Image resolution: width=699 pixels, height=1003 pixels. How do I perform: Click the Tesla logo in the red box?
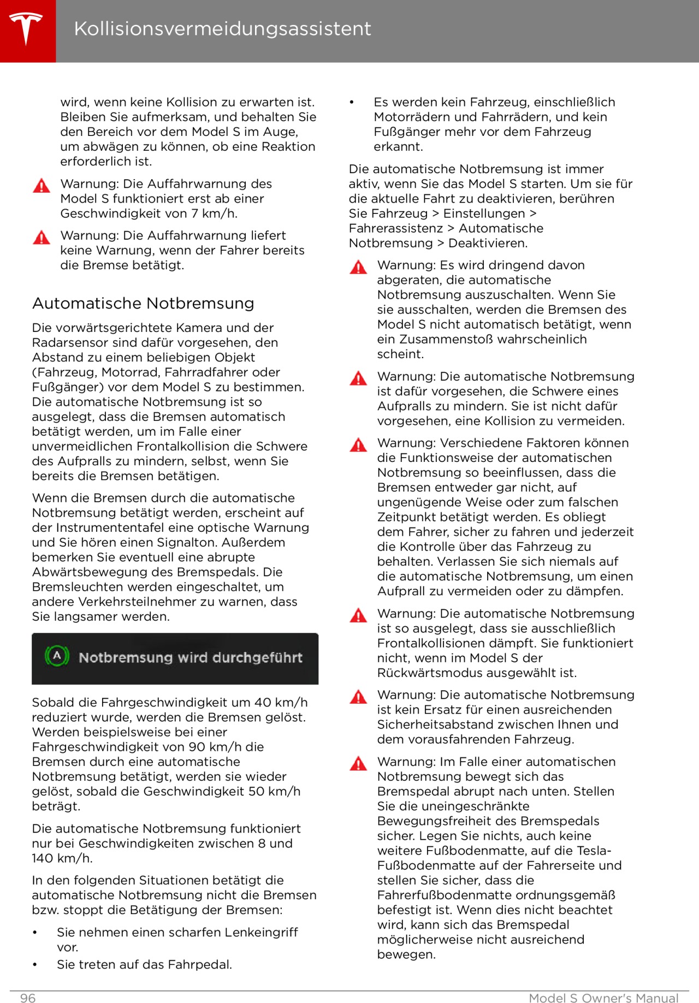click(26, 28)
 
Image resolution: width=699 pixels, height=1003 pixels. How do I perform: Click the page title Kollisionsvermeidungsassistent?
click(222, 28)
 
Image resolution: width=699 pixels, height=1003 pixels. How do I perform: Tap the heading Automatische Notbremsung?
click(143, 304)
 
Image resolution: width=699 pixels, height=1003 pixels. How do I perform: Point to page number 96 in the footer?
click(28, 998)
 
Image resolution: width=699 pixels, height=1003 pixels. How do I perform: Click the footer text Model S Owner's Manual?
click(603, 998)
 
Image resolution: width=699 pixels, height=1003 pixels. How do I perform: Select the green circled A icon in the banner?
click(57, 656)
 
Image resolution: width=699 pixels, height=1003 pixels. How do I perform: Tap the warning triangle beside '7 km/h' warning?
click(42, 186)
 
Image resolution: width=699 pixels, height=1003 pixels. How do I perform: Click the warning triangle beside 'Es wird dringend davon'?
click(358, 267)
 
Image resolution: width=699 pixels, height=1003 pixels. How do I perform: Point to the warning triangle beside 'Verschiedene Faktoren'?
click(358, 445)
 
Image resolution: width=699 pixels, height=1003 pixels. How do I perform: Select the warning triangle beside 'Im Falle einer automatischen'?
click(358, 763)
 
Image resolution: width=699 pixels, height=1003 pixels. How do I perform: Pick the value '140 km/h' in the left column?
click(62, 858)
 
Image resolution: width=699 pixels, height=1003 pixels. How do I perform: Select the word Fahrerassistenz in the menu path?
click(396, 228)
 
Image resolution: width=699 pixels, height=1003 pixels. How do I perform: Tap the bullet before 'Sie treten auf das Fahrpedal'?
click(35, 965)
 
